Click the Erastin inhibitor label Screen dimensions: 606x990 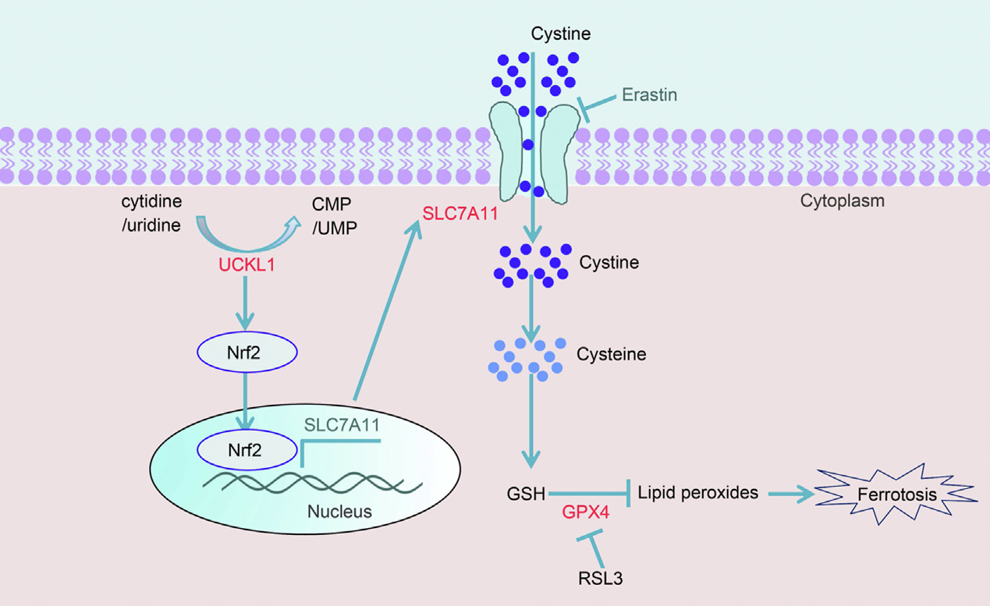pyautogui.click(x=649, y=95)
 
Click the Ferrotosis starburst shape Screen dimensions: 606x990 pyautogui.click(x=896, y=494)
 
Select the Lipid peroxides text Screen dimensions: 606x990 pyautogui.click(x=697, y=493)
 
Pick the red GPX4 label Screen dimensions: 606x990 pyautogui.click(x=587, y=514)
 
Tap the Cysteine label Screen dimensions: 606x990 pyautogui.click(x=612, y=354)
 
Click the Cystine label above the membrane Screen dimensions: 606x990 pyautogui.click(x=560, y=34)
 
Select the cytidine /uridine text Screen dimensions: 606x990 pyautogui.click(x=151, y=213)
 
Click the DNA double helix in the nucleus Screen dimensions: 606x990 pyautogui.click(x=312, y=483)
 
